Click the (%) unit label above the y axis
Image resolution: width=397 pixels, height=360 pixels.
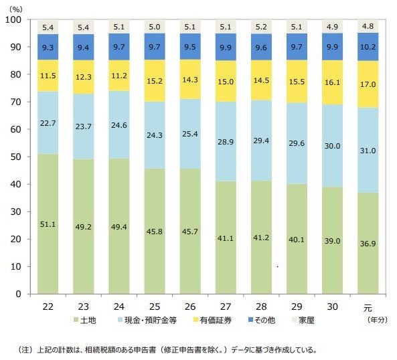17,8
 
